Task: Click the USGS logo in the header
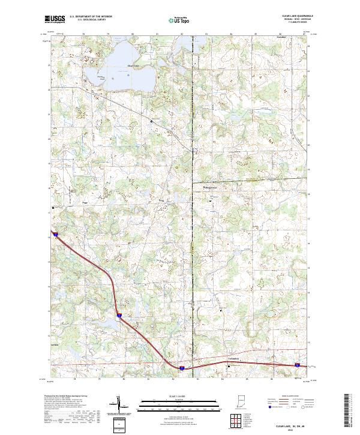pos(55,20)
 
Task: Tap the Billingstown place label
pos(211,187)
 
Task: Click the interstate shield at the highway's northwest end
pos(55,235)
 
